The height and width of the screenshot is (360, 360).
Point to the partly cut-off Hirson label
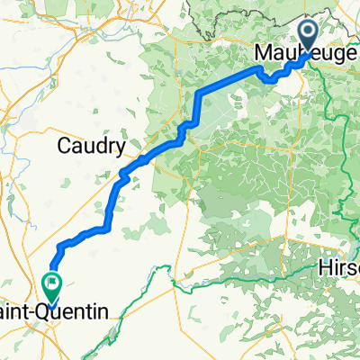340,268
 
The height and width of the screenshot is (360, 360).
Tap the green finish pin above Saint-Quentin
50,287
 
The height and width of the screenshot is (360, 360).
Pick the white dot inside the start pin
306,35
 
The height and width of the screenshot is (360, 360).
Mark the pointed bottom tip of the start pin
306,54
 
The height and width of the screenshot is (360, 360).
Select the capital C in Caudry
65,144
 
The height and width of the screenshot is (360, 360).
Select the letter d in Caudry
98,144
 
